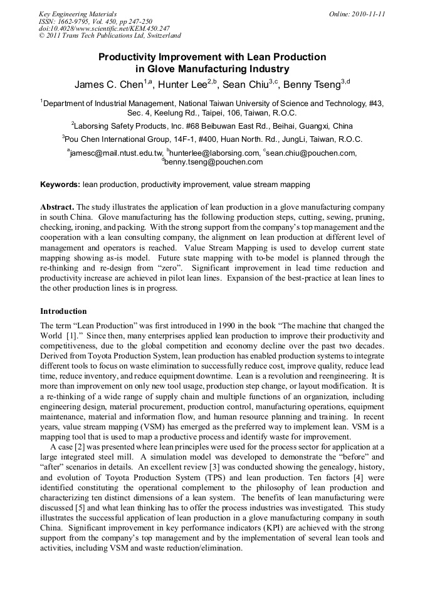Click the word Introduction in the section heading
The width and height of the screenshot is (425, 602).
coord(63,311)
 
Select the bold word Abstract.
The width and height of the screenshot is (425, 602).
coord(57,207)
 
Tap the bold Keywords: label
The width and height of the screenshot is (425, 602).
coord(60,185)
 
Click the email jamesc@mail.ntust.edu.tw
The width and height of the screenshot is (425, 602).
coord(115,153)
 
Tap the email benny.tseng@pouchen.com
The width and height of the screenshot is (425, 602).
coord(212,162)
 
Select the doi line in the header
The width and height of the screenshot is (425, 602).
coord(104,28)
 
